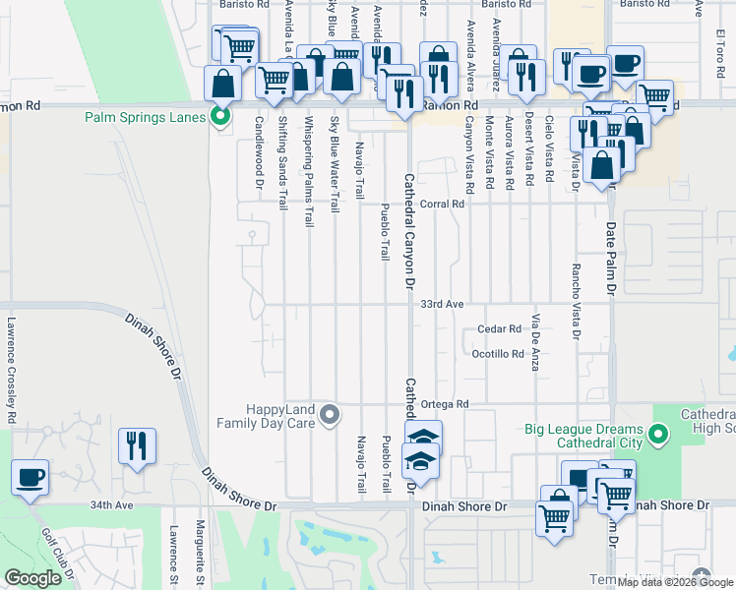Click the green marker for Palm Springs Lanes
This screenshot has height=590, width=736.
(220, 117)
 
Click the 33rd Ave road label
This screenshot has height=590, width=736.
(442, 305)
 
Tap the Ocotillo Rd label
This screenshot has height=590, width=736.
(498, 354)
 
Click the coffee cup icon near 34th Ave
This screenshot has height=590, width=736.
(30, 479)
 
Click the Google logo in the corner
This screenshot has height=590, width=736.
(31, 578)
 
